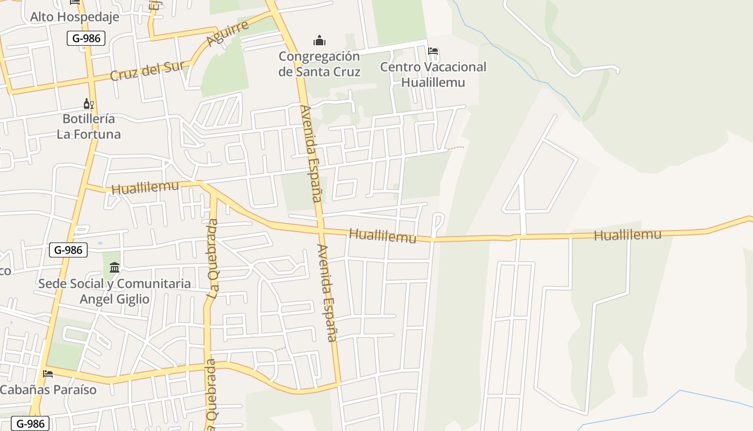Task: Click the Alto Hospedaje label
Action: (74, 17)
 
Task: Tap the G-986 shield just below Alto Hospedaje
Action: (86, 38)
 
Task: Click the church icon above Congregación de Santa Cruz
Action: (319, 40)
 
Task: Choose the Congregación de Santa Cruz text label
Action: (319, 64)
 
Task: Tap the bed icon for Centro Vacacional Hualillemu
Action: (433, 52)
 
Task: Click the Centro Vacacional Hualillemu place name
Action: (433, 75)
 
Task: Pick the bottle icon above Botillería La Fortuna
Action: (88, 103)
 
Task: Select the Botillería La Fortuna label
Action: (88, 126)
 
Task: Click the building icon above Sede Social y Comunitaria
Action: (115, 268)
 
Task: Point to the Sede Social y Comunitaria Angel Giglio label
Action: (115, 291)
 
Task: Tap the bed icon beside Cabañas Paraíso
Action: (48, 373)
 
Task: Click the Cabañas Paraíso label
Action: (48, 390)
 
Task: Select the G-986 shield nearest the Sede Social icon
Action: (68, 250)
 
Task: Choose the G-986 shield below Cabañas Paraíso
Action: (30, 423)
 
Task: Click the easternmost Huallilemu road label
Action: (628, 234)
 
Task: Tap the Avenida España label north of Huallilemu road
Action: (310, 154)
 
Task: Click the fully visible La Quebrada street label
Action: (214, 259)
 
